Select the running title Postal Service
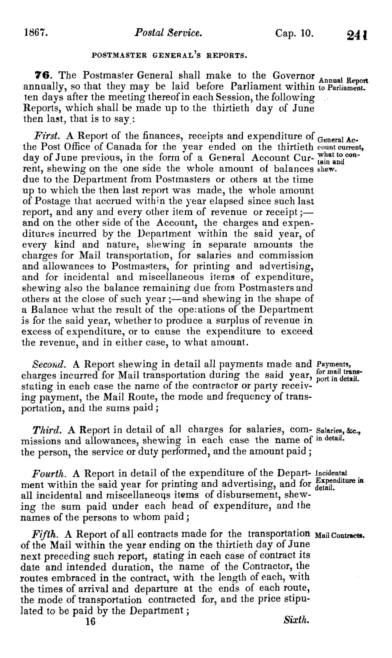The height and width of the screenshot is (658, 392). coord(168,33)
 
